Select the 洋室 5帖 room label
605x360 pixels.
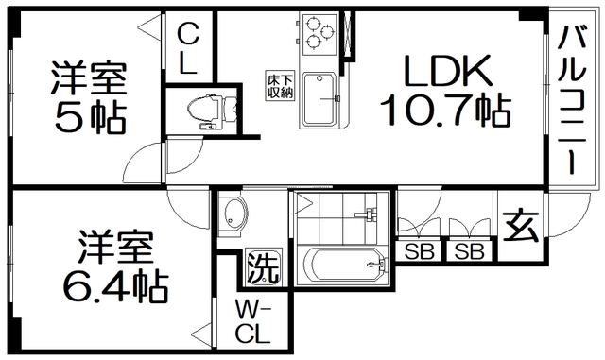(x=90, y=94)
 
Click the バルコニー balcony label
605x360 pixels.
(x=571, y=99)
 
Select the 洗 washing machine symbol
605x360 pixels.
(x=263, y=267)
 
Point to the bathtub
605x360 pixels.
(x=342, y=263)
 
